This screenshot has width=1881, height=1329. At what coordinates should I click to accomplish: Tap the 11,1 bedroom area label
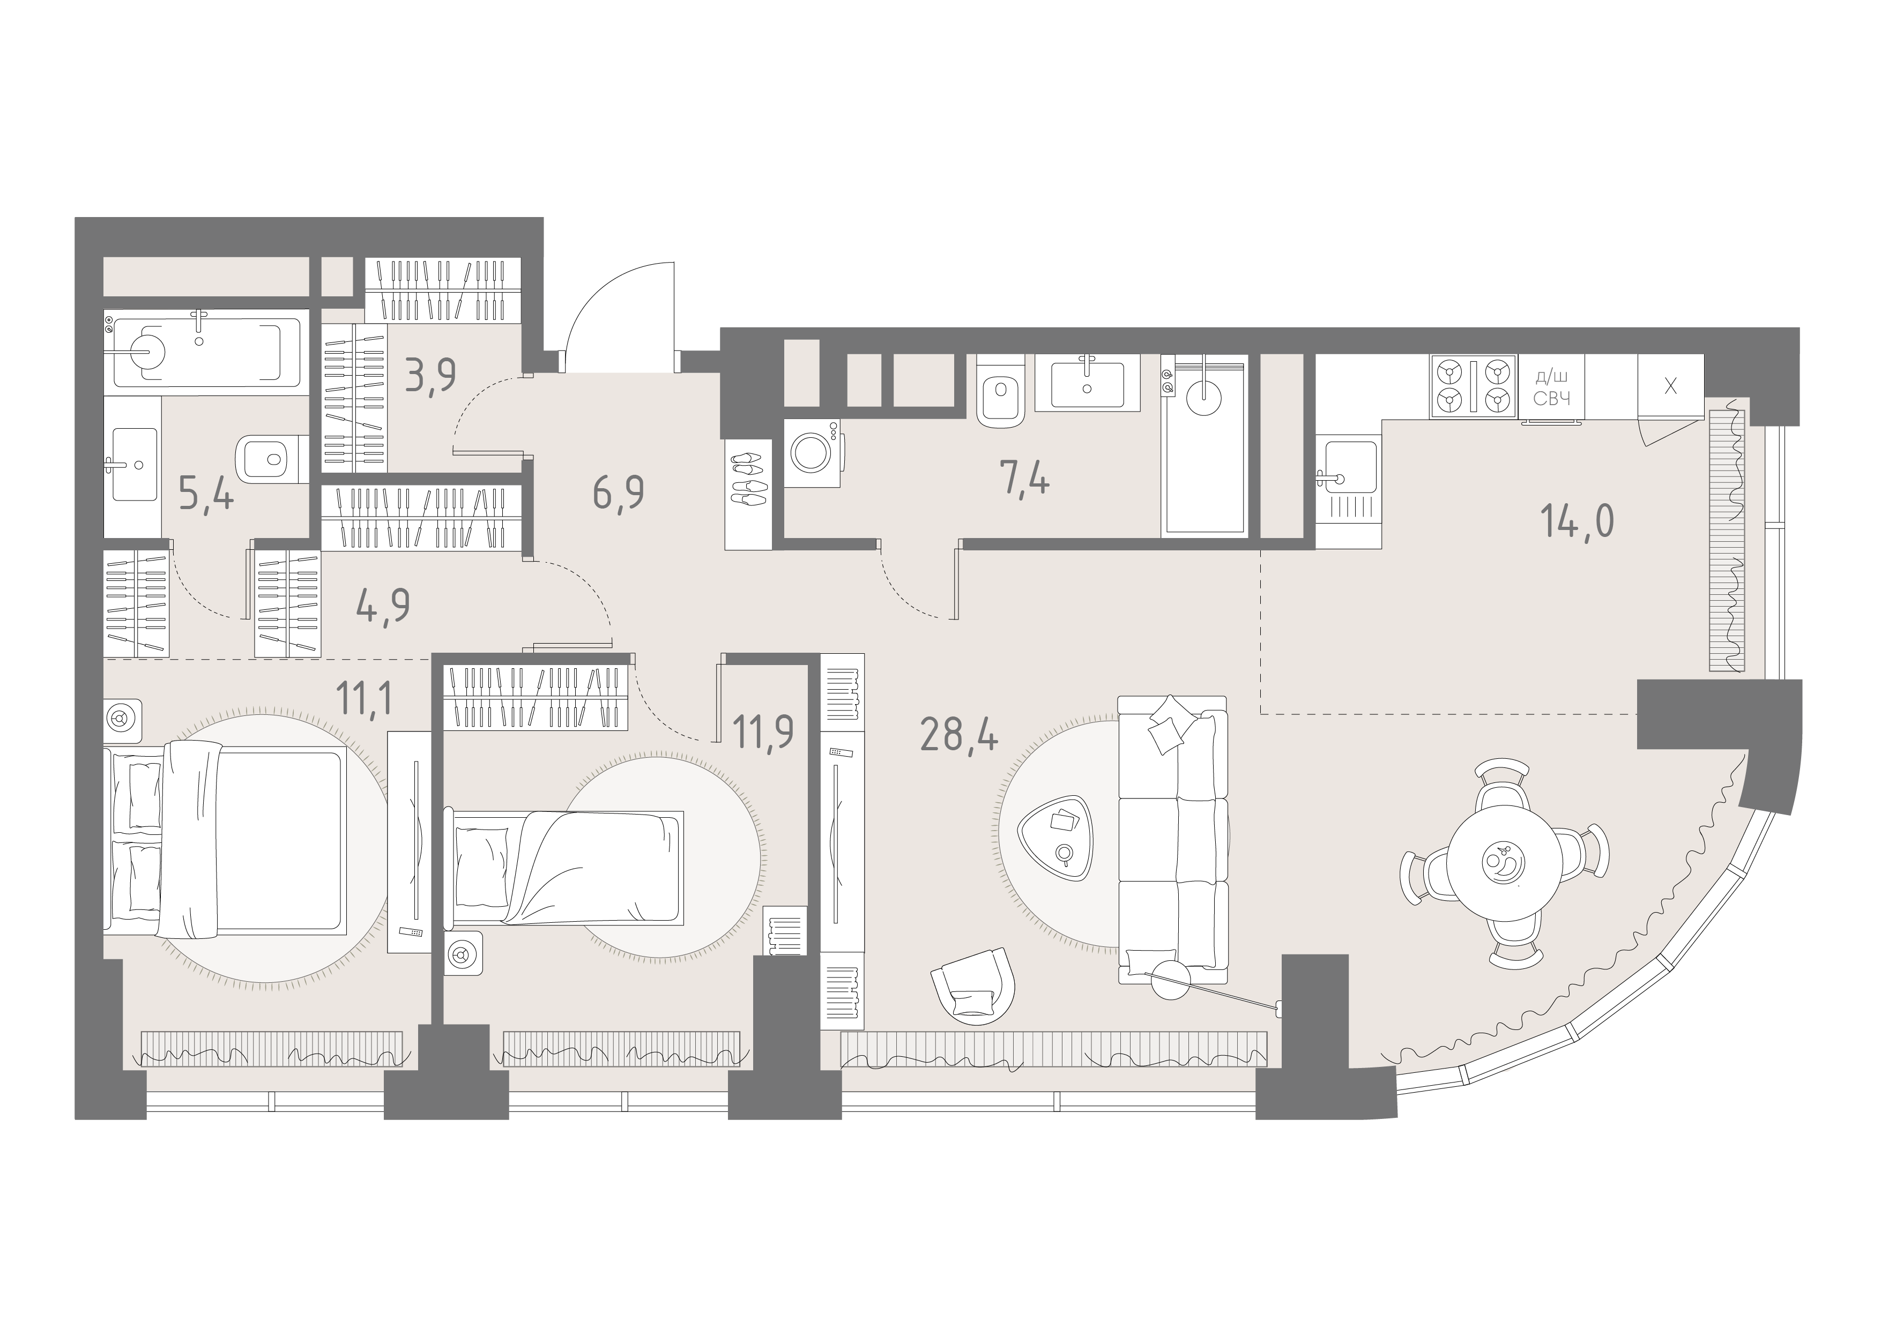(x=365, y=698)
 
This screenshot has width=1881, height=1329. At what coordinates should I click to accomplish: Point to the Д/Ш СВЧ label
(x=1551, y=388)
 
